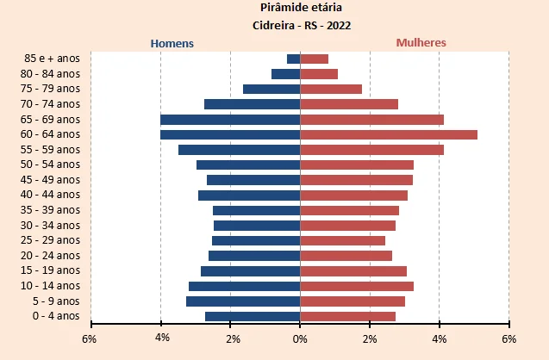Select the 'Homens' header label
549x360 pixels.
pos(172,43)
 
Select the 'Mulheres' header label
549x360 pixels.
pos(421,42)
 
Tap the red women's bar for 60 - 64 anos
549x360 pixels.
pos(388,134)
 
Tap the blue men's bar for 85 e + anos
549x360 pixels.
pos(293,59)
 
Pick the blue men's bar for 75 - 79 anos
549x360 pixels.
pos(271,89)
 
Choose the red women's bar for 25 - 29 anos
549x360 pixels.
pos(342,240)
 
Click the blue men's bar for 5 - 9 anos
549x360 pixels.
pos(243,301)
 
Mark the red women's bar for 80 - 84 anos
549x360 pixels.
pos(319,74)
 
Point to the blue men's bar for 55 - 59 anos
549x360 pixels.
pos(239,150)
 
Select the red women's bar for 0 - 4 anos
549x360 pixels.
pos(347,316)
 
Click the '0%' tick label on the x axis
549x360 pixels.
pos(300,338)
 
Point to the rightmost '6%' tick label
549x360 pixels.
pos(508,338)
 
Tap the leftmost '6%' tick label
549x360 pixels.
pos(89,338)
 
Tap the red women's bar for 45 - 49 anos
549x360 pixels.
pos(356,180)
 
